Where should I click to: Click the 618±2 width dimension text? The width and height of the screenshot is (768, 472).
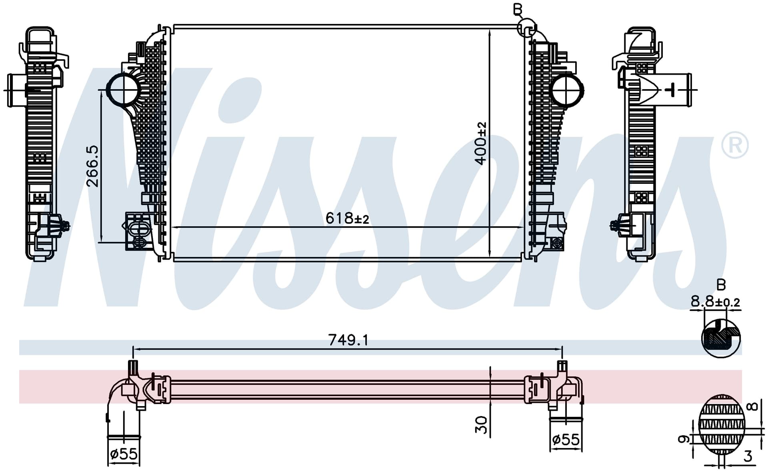(x=347, y=218)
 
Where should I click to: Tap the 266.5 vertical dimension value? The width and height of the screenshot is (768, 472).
(x=92, y=166)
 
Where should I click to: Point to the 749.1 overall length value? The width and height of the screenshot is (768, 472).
(x=348, y=340)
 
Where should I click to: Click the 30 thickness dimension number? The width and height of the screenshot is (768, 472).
(x=481, y=425)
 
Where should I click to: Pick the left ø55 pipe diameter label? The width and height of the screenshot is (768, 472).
(x=124, y=454)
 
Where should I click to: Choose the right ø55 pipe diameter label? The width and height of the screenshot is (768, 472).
(x=566, y=440)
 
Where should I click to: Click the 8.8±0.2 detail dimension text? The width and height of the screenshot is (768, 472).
(x=716, y=302)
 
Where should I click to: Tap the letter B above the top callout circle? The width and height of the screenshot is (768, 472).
(x=518, y=9)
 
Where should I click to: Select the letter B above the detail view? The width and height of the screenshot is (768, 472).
(x=721, y=285)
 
